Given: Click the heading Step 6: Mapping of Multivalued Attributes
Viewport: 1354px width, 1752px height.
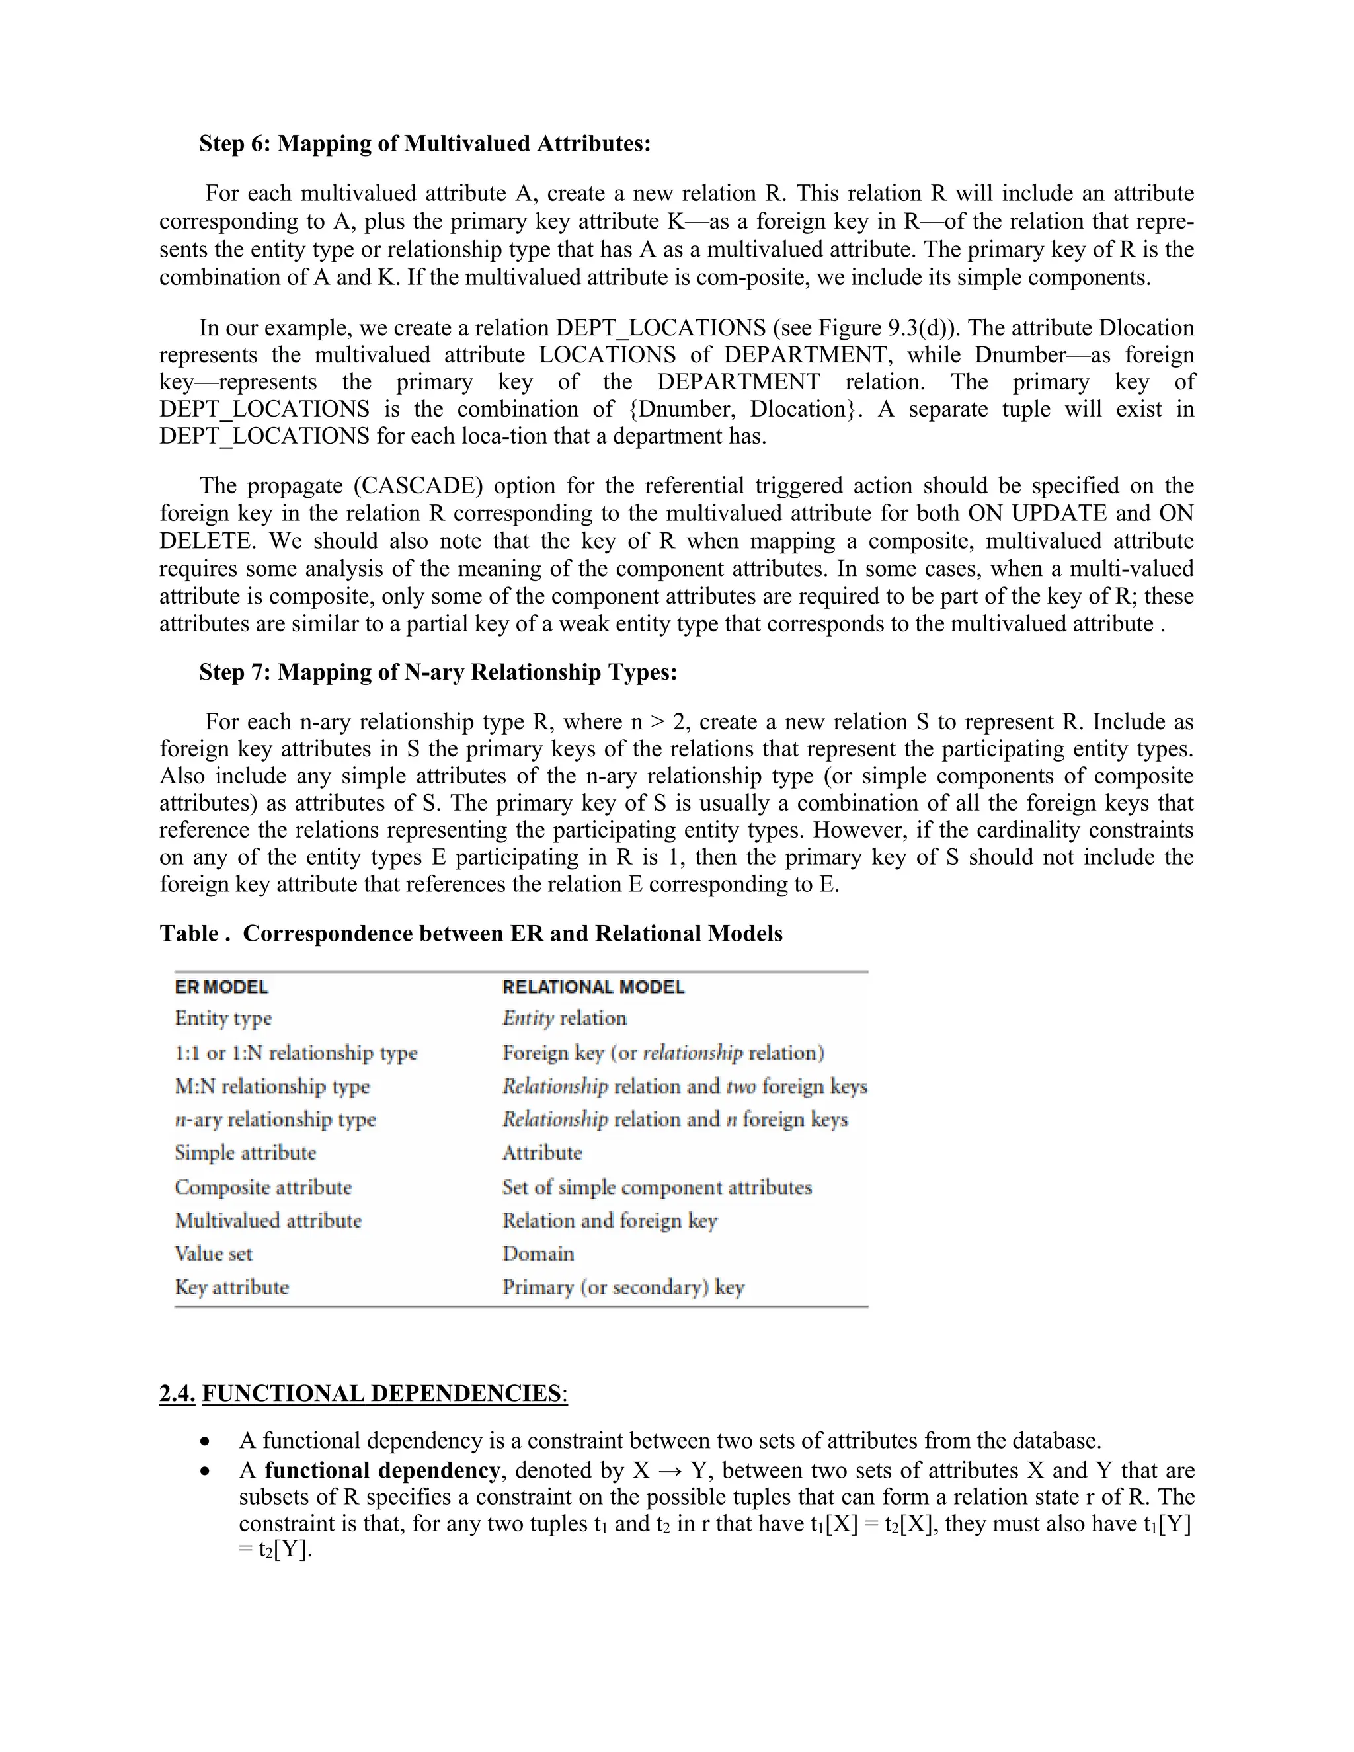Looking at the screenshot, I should [424, 143].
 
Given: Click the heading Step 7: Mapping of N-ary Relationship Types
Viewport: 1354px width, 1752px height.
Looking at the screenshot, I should [438, 672].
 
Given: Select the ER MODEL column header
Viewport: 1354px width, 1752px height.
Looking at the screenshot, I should [221, 986].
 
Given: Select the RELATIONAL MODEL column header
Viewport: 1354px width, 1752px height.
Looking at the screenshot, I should [593, 986].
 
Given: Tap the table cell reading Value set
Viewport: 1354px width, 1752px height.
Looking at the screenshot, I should [214, 1253].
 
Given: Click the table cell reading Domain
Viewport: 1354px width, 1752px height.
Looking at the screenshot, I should [538, 1253].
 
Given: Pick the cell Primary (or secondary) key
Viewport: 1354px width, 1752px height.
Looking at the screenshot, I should [623, 1287].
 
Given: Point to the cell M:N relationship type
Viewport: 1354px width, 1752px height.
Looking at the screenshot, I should [272, 1086].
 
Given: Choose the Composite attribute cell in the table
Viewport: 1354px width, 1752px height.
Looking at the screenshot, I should [263, 1187].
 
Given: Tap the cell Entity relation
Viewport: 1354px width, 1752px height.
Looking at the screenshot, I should [564, 1018].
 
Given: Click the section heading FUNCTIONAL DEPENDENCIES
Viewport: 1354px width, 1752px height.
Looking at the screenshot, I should [382, 1394].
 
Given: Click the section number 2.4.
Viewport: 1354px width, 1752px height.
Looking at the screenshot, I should [177, 1394].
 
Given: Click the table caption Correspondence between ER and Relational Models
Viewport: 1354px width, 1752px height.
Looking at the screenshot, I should [512, 934].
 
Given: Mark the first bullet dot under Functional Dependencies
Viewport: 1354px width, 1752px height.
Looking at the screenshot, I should [208, 1441].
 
